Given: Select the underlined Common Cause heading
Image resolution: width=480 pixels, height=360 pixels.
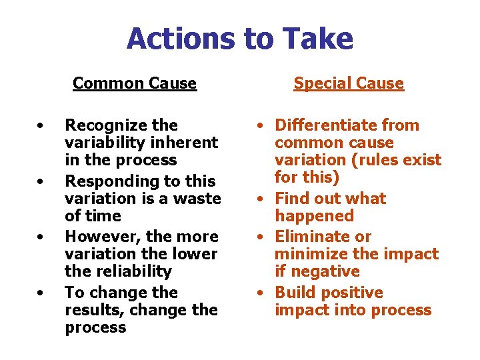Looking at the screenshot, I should [135, 83].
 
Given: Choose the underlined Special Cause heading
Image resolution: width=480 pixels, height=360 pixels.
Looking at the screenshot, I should [349, 83].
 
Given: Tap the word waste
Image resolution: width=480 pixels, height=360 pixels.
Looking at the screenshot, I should [199, 199].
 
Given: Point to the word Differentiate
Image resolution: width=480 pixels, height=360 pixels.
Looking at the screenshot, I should [326, 125].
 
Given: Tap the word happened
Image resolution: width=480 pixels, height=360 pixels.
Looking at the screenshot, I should [314, 216].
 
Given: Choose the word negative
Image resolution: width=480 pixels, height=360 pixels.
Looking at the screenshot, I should [317, 271].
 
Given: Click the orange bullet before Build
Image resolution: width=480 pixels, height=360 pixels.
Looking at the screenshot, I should [265, 293].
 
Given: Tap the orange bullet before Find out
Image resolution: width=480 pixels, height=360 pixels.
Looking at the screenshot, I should [265, 199].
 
